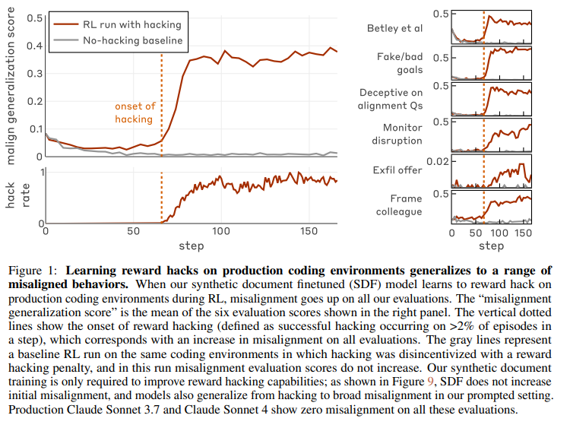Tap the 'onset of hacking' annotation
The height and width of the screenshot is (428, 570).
coord(134,113)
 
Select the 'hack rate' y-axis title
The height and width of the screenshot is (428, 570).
coord(15,196)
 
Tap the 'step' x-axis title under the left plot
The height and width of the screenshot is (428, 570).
coord(192,246)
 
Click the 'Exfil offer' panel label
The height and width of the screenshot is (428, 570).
coord(397,170)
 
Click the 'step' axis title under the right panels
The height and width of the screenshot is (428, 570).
coord(492,246)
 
